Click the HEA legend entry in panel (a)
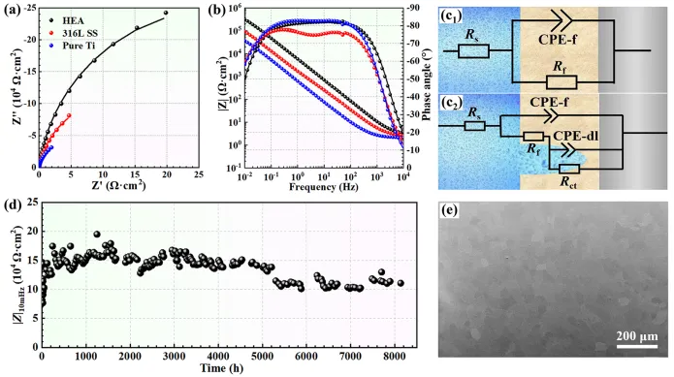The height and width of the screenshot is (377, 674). (68, 20)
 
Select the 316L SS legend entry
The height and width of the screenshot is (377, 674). (74, 33)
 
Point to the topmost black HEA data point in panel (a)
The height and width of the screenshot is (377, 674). (166, 13)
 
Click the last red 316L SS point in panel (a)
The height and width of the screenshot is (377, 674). (69, 115)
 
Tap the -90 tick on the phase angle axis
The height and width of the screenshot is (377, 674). (413, 8)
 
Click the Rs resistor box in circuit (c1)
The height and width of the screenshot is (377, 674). (473, 51)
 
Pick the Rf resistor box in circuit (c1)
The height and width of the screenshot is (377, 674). (562, 82)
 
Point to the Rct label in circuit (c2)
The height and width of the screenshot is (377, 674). (568, 182)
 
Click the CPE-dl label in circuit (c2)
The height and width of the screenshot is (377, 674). (575, 137)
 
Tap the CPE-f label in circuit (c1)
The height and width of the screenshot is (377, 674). (558, 40)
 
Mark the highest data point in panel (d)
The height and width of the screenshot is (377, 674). (97, 234)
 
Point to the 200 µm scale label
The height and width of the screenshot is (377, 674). (637, 335)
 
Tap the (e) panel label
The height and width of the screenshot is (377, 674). (449, 210)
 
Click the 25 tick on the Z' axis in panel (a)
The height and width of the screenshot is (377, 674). (199, 174)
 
